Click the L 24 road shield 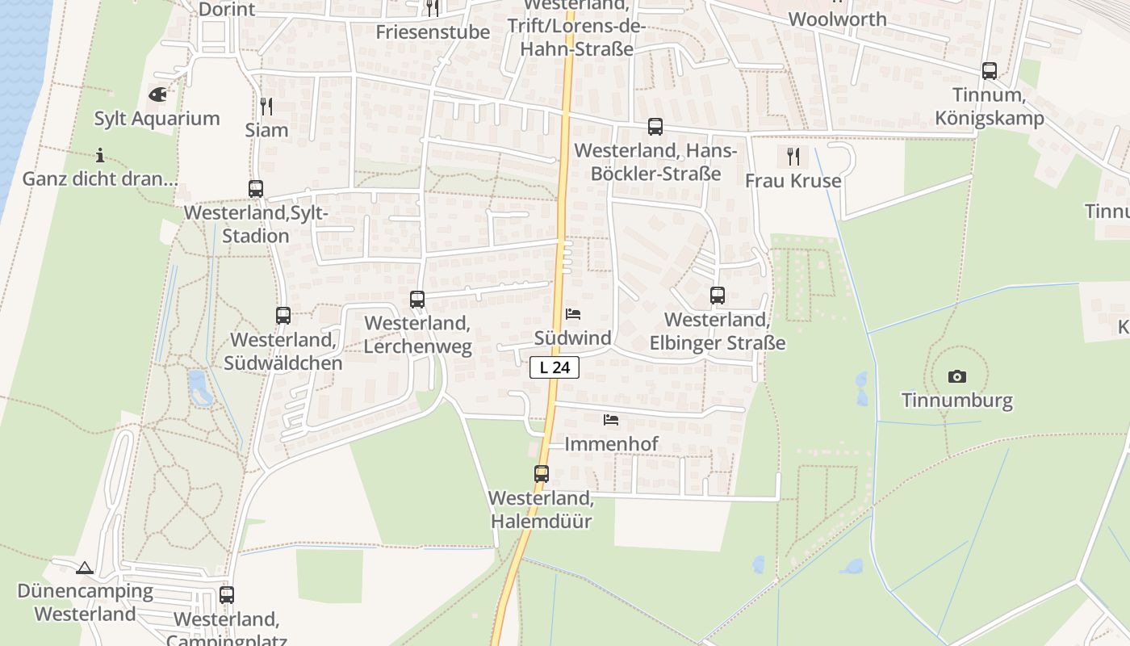[555, 367]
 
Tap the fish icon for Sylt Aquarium [157, 94]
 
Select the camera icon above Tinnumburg [957, 376]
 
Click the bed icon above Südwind [573, 313]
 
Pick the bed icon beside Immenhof [611, 420]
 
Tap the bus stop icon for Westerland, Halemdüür [541, 474]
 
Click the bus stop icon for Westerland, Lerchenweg [417, 300]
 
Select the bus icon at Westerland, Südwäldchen [283, 316]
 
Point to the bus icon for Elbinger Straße [718, 296]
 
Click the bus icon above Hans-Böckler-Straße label [655, 127]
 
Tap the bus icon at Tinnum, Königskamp [990, 71]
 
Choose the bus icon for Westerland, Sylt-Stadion [256, 189]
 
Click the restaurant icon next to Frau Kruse [793, 156]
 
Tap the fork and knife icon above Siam [266, 106]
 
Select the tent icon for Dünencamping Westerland [85, 568]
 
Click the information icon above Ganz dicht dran [100, 155]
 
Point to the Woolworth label [837, 19]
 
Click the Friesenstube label [433, 32]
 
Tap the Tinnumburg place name [956, 401]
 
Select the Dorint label [227, 10]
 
